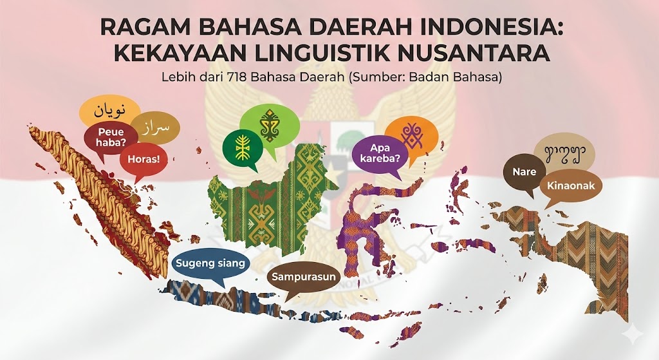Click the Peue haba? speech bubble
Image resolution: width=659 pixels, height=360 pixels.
point(111,137)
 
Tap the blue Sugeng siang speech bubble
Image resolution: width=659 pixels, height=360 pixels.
point(210,263)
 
